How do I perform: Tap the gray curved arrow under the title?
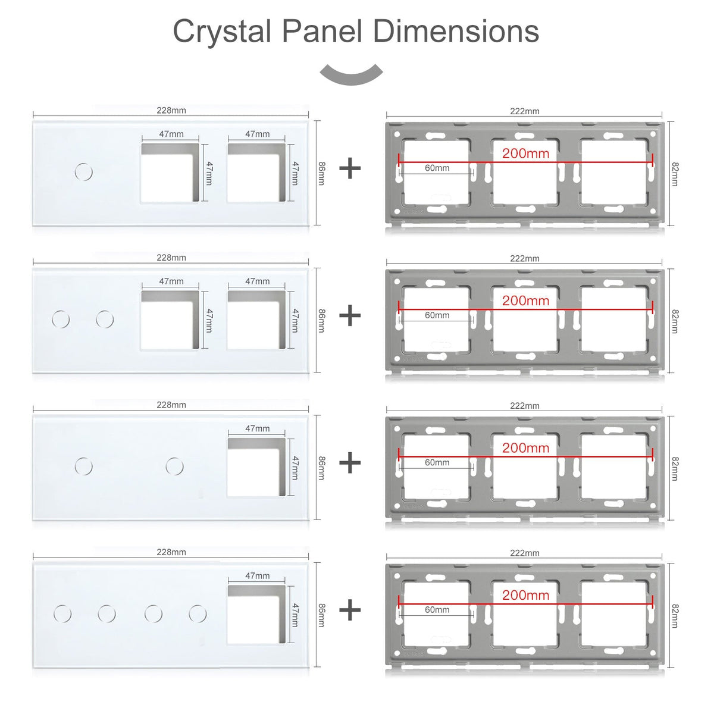tap(351, 76)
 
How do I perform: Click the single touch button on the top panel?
tap(84, 173)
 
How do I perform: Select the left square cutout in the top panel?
tap(170, 173)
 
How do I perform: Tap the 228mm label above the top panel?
tap(171, 110)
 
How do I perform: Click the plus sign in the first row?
tap(350, 168)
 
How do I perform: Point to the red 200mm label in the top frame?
tap(525, 154)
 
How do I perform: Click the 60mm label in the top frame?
tap(437, 168)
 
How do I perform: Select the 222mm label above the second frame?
tap(524, 258)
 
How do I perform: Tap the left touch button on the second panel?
tap(61, 320)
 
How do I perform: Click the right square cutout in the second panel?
tap(256, 320)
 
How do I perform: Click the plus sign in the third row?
tap(350, 462)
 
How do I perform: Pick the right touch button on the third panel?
tap(174, 466)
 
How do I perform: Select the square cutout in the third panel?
tap(256, 467)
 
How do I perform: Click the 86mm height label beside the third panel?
tap(321, 467)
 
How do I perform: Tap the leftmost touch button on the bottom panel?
tap(62, 613)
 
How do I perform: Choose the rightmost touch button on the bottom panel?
tap(198, 613)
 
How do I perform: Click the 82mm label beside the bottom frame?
tap(674, 616)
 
